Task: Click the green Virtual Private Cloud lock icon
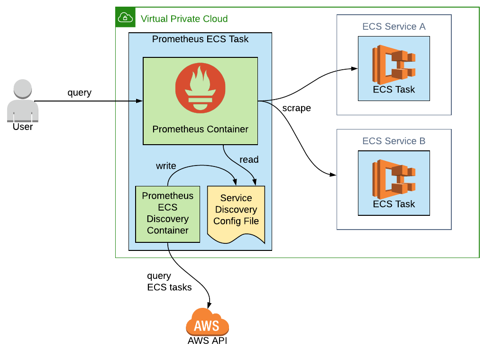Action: point(125,18)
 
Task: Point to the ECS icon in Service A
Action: point(393,62)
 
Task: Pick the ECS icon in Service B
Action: point(393,176)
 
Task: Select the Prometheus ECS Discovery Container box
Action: point(167,213)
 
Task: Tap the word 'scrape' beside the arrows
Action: point(296,108)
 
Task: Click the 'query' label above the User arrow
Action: point(79,92)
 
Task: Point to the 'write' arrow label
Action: point(166,166)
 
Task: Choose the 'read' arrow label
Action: point(249,159)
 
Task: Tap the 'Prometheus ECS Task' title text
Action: point(200,39)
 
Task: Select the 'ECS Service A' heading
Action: point(393,27)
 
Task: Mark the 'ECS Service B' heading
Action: point(393,141)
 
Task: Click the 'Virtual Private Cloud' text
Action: point(184,19)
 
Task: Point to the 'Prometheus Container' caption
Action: point(200,129)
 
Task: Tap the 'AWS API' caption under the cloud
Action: point(207,341)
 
